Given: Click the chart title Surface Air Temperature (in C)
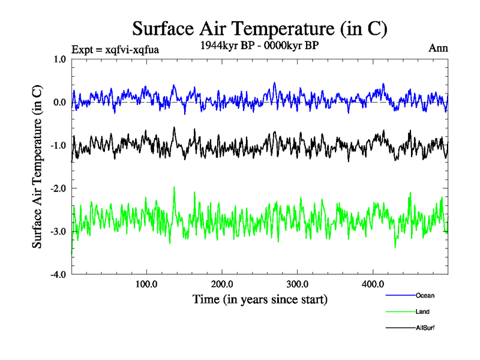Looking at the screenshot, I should tap(259, 29).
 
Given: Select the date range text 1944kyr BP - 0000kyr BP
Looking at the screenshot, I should tap(259, 45).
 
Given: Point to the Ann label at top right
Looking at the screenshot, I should tap(438, 47).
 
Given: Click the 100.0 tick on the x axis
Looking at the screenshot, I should tap(146, 284).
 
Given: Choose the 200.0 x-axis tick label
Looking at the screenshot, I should tap(222, 284).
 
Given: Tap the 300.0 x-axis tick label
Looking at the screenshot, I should tap(298, 284).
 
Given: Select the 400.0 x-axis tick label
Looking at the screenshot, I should tap(373, 284).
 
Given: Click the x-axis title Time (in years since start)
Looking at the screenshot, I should tap(260, 298).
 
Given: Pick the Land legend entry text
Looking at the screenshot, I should tap(422, 311).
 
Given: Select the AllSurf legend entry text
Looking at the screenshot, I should tap(425, 328).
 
